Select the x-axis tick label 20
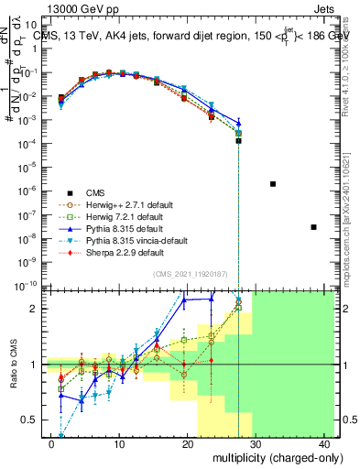coord(187,443)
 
